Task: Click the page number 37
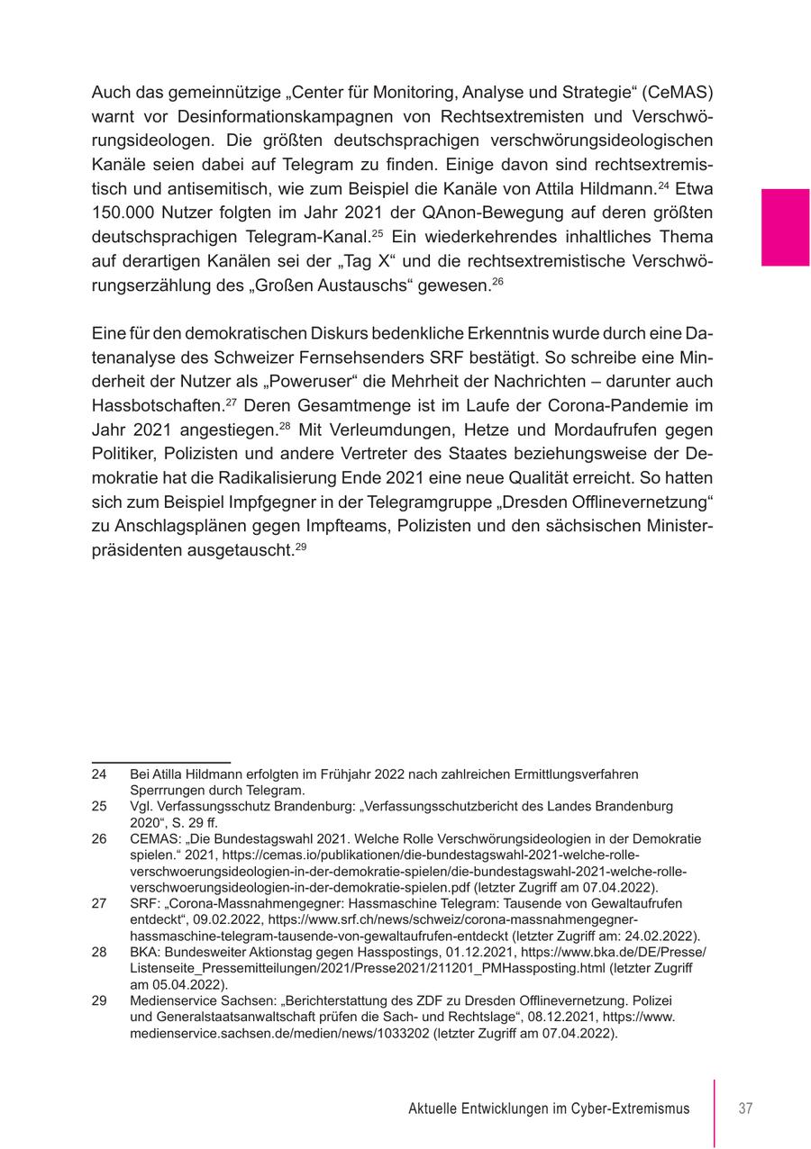(745, 1108)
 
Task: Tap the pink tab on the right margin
(785, 227)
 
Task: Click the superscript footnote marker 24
(663, 185)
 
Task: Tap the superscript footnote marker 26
(497, 282)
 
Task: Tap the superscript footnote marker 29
(302, 546)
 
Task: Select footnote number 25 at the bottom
(99, 806)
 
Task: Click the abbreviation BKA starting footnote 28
(146, 952)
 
